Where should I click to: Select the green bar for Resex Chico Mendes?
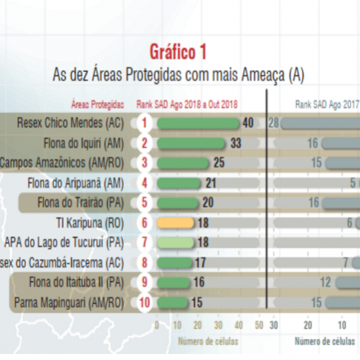pos(197,123)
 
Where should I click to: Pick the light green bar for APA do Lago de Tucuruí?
pos(175,242)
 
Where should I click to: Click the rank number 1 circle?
pos(144,123)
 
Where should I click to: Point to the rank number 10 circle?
pos(144,302)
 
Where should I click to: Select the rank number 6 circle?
pos(144,223)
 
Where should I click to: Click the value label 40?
pos(248,123)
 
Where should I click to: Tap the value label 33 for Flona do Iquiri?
pos(235,143)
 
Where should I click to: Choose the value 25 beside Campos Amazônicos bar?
pos(219,163)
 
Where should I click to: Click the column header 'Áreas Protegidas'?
pos(97,104)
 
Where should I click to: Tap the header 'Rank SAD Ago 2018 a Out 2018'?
pos(187,104)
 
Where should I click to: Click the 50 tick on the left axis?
pos(259,325)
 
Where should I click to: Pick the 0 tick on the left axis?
pos(157,325)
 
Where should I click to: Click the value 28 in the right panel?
pos(274,123)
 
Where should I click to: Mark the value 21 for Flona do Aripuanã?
pos(211,182)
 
